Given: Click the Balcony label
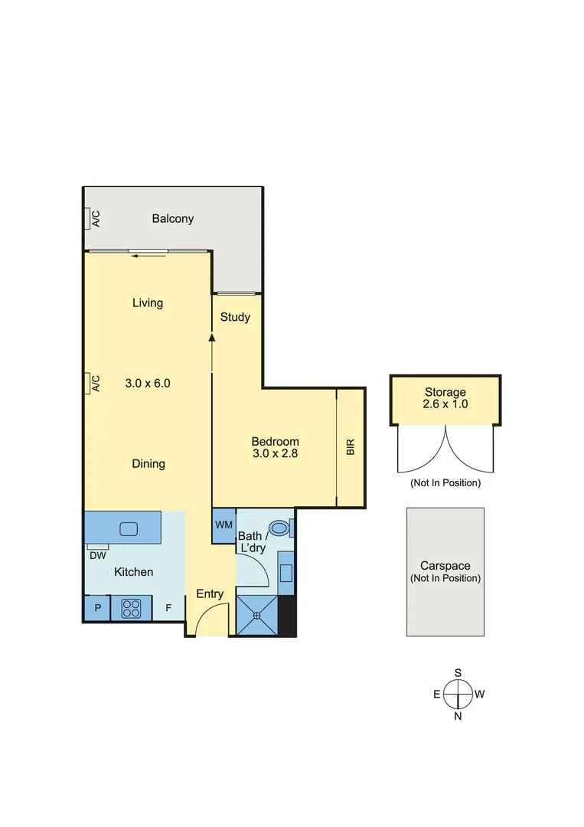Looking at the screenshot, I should click(x=172, y=219).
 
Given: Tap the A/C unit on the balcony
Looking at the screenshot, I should click(x=90, y=219).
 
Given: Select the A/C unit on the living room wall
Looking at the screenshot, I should click(x=90, y=383).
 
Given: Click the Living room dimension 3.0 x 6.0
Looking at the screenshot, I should click(x=147, y=383).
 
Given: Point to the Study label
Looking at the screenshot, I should click(x=235, y=317).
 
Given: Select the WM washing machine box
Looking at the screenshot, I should click(x=223, y=525).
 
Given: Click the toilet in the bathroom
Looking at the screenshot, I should click(x=281, y=527).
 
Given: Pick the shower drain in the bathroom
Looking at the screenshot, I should click(x=257, y=615).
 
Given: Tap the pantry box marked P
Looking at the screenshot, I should click(x=97, y=610).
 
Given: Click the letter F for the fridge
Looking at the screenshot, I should click(x=168, y=610).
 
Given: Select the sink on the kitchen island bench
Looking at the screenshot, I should click(x=128, y=528).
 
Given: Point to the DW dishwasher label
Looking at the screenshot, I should click(x=97, y=556).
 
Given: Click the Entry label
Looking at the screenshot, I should click(x=210, y=594).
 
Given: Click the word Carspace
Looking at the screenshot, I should click(x=445, y=566).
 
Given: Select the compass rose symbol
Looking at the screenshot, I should click(x=458, y=695).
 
